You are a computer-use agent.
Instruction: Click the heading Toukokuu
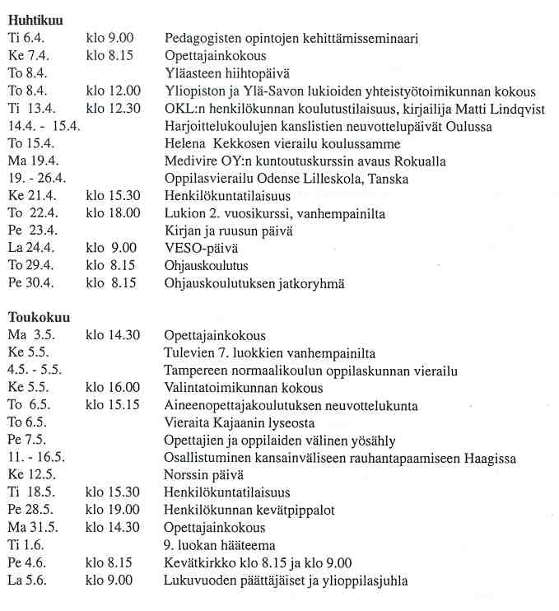tap(39, 317)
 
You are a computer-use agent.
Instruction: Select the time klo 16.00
tap(113, 388)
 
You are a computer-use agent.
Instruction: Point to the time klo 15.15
tap(113, 405)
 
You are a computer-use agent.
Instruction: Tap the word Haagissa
tap(492, 458)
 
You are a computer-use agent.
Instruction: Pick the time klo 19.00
tap(113, 511)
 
